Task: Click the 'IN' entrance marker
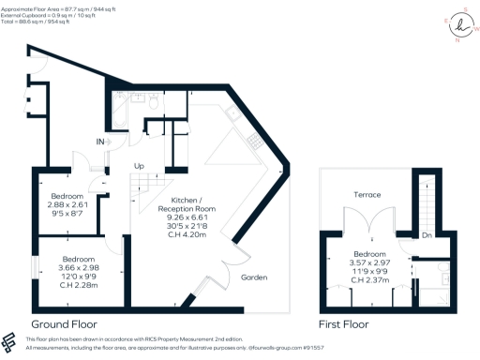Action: (99, 142)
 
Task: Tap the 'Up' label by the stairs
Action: (140, 166)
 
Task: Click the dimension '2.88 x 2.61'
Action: (67, 204)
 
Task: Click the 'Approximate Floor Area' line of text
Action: (55, 6)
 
